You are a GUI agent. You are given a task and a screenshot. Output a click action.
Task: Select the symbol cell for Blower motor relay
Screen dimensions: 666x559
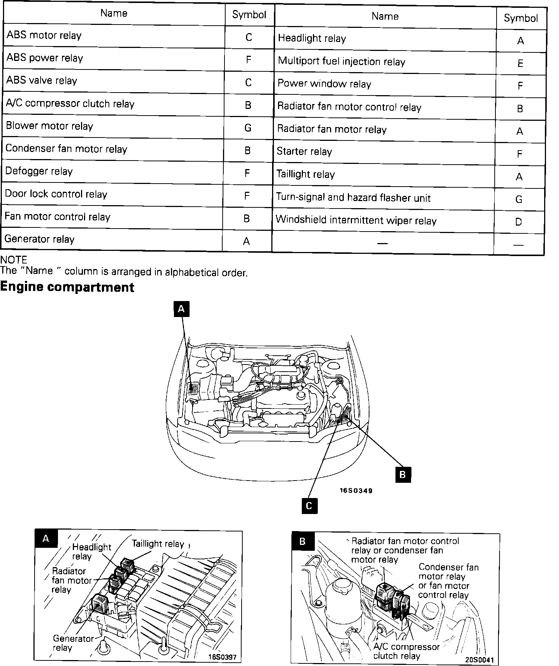pos(248,128)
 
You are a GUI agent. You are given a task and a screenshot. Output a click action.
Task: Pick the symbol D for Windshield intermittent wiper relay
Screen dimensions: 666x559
pos(518,222)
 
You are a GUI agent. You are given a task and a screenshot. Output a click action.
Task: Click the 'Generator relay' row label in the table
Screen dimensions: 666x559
pos(39,239)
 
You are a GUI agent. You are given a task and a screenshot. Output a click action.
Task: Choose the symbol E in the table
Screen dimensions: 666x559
pos(520,63)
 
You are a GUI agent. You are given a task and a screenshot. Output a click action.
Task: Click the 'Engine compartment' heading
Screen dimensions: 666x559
pos(67,287)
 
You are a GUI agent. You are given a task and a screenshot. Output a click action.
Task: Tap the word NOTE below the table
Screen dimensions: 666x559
pos(14,260)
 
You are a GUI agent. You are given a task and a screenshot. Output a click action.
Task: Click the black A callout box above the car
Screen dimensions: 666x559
pos(181,309)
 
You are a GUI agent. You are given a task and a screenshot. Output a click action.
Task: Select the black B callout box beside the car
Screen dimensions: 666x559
pos(403,475)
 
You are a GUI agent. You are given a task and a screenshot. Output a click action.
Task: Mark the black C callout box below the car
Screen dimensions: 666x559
pos(309,506)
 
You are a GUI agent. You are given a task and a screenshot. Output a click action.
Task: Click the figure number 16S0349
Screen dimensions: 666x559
pos(356,491)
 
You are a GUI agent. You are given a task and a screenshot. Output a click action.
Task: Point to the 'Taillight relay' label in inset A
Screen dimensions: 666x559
pos(158,544)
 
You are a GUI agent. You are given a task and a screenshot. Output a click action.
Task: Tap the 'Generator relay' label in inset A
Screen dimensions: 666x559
pos(73,643)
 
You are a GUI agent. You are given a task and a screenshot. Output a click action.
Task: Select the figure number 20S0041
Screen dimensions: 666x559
pos(479,660)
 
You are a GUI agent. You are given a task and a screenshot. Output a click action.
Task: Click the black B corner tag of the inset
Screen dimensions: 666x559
pos(303,541)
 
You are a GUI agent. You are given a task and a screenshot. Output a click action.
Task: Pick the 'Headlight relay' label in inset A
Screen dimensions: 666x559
pos(91,552)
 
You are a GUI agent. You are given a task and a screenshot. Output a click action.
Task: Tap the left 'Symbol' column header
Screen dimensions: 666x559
pos(249,14)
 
